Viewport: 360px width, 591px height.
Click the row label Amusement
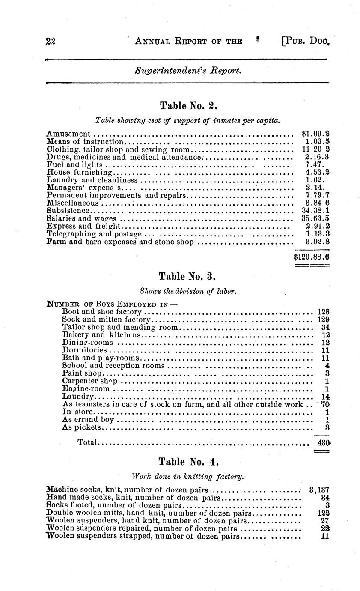point(68,134)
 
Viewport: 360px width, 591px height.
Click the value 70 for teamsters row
point(325,404)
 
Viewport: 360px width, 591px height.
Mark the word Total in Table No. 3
point(87,442)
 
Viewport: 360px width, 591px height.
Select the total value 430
point(323,442)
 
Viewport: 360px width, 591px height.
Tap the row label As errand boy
point(88,420)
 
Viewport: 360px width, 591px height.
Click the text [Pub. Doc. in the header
point(306,41)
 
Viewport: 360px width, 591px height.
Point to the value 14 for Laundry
point(325,397)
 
